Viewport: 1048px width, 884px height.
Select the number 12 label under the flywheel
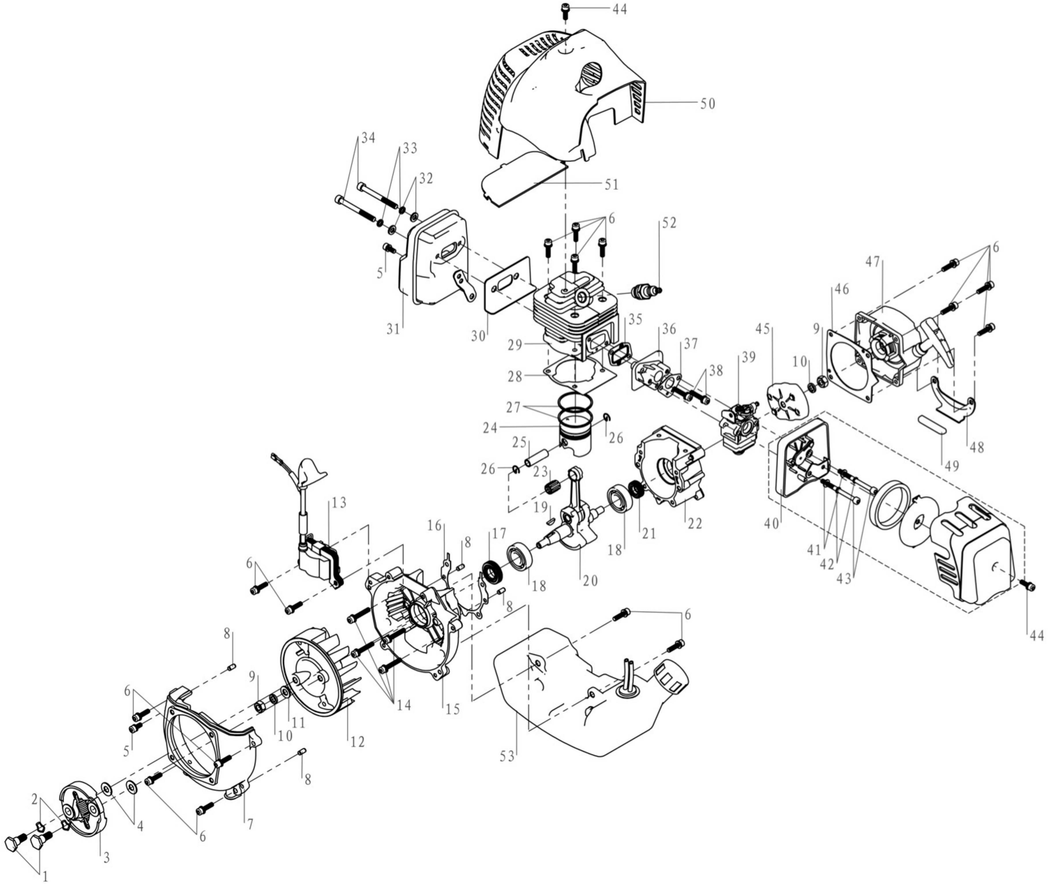357,741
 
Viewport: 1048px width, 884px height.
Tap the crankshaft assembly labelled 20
571,521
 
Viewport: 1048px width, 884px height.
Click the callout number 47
873,261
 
